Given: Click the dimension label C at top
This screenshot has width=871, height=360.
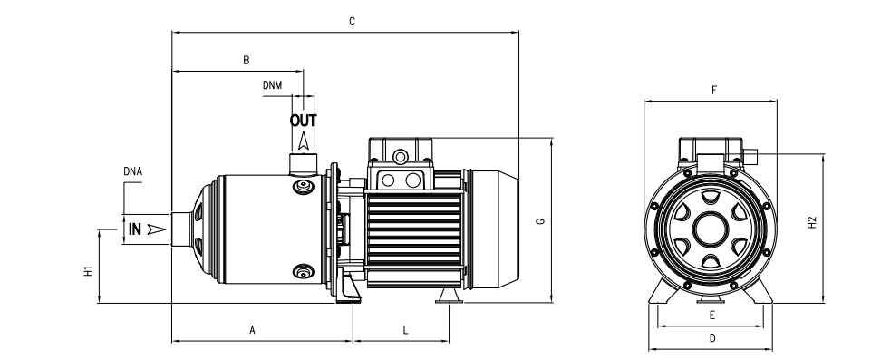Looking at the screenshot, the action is tap(352, 22).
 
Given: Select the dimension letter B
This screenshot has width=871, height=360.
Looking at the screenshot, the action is tap(247, 60).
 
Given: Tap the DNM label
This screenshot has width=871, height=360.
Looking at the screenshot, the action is tap(272, 85).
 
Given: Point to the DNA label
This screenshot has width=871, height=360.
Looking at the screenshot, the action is tap(132, 171).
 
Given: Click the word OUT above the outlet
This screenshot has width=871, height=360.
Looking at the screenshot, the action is tap(304, 121).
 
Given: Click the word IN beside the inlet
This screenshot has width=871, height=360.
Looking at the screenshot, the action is tap(135, 229).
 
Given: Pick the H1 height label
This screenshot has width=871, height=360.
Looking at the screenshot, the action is tap(88, 271).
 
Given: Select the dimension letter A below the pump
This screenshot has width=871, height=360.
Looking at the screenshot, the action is tap(252, 331).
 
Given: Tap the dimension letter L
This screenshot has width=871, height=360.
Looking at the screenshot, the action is tap(405, 331).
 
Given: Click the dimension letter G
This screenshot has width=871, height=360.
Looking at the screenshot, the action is tap(540, 221).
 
